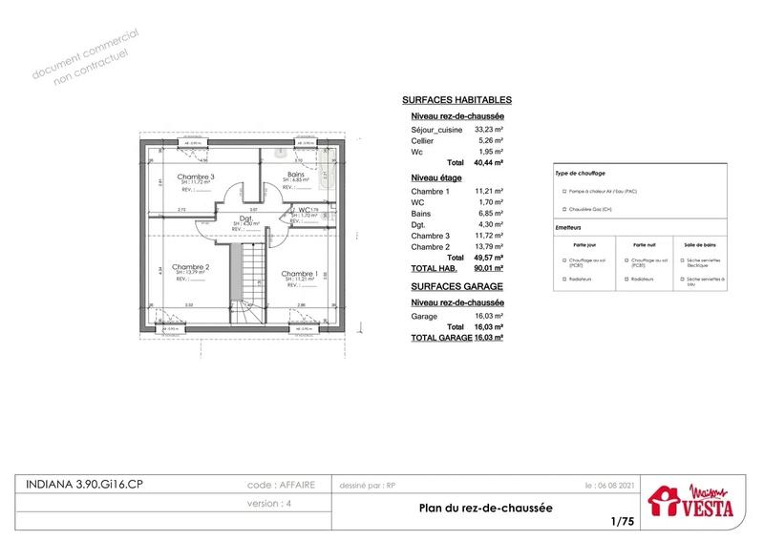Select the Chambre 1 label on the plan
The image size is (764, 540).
299,274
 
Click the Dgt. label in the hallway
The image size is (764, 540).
245,218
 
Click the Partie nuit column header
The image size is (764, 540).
640,244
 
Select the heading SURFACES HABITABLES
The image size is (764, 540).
456,100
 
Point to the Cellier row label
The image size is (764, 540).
422,141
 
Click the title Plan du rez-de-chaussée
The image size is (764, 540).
486,509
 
